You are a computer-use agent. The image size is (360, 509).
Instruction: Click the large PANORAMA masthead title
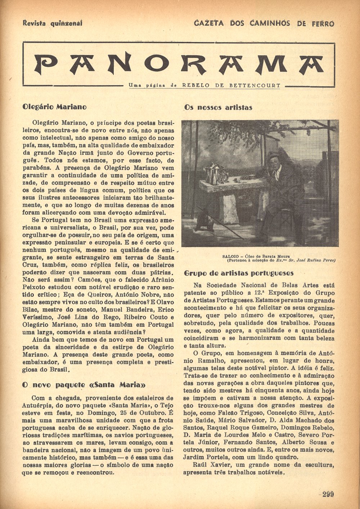coord(179,64)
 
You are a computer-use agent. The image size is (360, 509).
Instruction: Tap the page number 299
coord(328,494)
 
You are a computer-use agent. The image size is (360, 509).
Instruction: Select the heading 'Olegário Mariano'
coord(54,107)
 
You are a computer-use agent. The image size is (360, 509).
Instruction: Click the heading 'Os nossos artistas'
coord(218,108)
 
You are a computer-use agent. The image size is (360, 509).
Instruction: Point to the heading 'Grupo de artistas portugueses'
coord(239,273)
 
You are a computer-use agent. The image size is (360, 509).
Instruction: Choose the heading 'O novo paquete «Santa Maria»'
coord(84,385)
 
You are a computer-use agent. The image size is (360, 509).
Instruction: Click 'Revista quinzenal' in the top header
coord(53,23)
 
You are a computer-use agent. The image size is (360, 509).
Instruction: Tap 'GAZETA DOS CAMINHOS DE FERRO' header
coord(264,24)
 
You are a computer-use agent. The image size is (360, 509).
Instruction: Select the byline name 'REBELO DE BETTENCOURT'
coord(231,86)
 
